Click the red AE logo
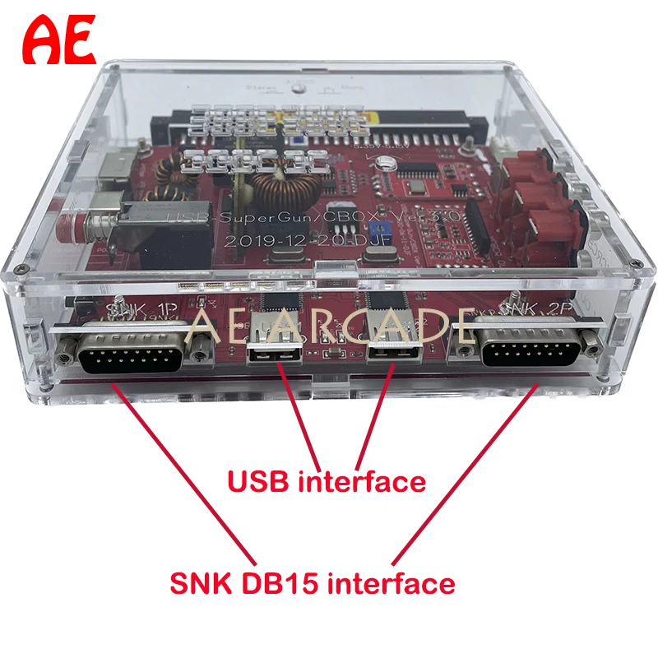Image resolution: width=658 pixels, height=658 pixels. pyautogui.click(x=59, y=40)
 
